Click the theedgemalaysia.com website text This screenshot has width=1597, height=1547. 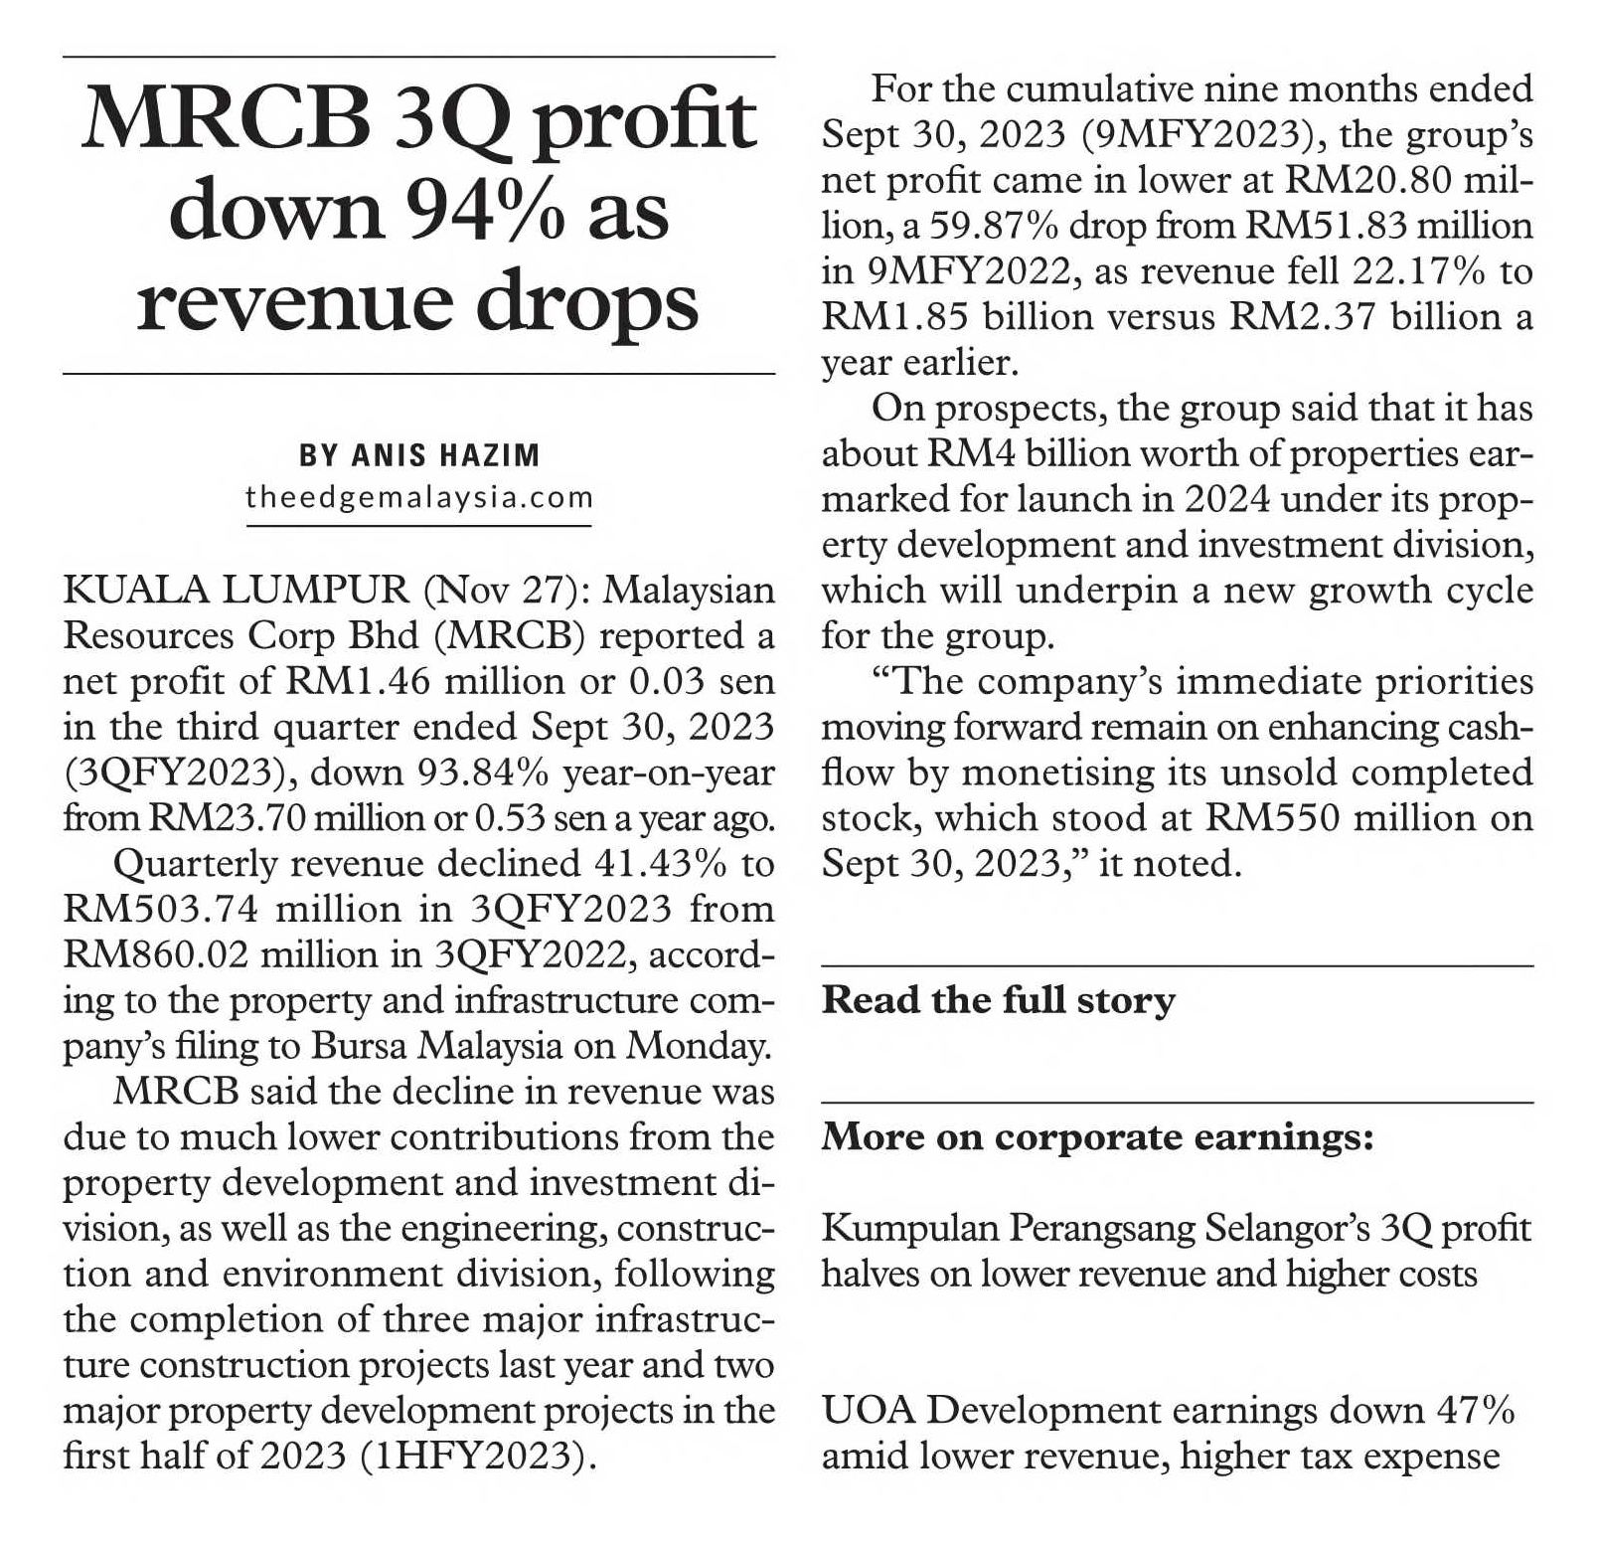coord(419,497)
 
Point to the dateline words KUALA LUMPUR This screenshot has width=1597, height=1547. coord(237,591)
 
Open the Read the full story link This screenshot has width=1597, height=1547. coord(999,1000)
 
